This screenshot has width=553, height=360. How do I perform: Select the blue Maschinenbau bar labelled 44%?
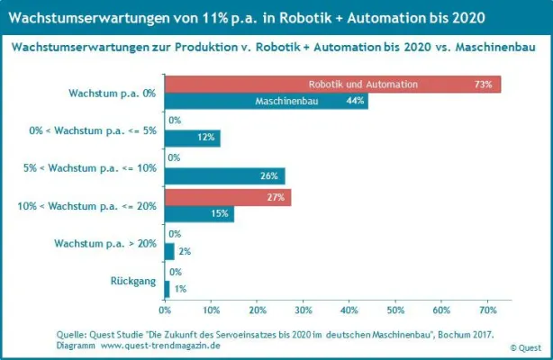(x=266, y=101)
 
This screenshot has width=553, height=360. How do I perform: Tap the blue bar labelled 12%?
(x=192, y=138)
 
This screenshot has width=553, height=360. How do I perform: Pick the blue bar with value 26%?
(x=224, y=175)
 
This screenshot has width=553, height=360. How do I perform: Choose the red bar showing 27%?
(x=227, y=197)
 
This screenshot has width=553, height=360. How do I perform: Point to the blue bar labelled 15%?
(x=199, y=213)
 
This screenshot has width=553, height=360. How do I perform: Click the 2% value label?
(x=185, y=251)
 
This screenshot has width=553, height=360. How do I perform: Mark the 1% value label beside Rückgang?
(x=180, y=289)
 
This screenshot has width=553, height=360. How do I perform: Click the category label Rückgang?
(x=138, y=281)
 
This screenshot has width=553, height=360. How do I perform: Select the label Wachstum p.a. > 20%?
(x=105, y=243)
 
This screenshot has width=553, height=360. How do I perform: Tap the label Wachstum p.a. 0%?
(x=112, y=92)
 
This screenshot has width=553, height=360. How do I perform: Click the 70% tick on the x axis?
(x=487, y=310)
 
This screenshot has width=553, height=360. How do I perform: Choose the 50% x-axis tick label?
(x=395, y=310)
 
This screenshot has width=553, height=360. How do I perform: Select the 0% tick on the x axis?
(x=165, y=310)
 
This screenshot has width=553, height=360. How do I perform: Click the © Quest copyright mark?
(x=527, y=346)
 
